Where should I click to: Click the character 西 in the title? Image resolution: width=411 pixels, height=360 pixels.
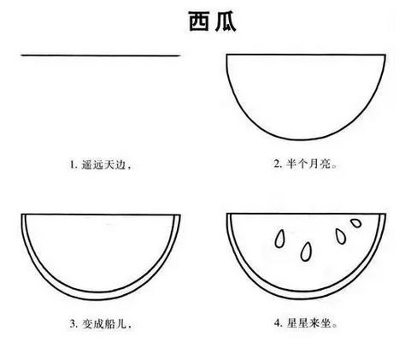point(199,21)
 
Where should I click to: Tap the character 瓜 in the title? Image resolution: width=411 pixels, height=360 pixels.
point(226,21)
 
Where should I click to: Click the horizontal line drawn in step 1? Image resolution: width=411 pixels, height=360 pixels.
point(101,56)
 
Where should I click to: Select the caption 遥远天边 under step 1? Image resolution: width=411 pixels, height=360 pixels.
point(103,165)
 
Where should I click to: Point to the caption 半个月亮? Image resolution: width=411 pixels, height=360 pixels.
point(308,163)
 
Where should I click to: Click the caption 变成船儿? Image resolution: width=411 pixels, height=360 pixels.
point(104,324)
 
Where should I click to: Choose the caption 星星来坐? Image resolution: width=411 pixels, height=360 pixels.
point(308,323)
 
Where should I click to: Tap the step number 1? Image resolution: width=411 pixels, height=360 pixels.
point(73,165)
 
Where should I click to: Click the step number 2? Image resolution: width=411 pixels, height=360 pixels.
point(277,163)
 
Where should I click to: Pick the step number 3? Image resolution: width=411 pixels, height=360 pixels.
point(73,324)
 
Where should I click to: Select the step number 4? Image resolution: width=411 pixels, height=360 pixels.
point(277,323)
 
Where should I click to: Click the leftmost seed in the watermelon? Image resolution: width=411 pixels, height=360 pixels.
point(280,239)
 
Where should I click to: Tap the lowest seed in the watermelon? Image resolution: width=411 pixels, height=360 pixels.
point(306,251)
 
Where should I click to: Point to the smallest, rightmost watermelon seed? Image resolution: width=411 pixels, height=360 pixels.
point(355,222)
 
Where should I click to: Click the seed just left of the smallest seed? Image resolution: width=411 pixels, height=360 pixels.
point(340,236)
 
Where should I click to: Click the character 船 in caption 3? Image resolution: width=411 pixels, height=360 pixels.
point(109,324)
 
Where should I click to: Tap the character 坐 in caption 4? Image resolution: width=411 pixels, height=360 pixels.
point(325,323)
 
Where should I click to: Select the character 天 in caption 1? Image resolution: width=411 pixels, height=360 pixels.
point(109,165)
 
